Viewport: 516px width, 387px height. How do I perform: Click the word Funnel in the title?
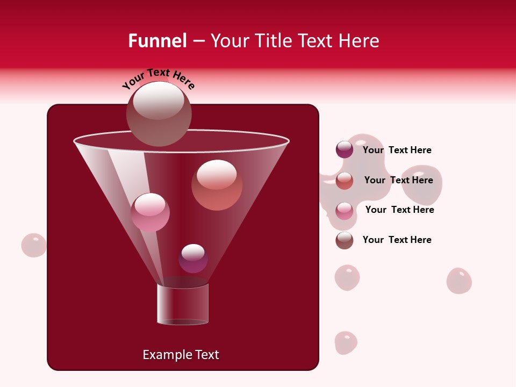(157, 41)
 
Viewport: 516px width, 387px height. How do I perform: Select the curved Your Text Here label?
(159, 79)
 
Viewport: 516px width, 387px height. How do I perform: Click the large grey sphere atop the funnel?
(159, 113)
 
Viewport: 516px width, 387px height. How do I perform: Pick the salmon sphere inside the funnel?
(217, 185)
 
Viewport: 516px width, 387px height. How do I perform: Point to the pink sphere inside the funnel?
(150, 212)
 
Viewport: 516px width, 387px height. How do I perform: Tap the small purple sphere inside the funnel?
(193, 259)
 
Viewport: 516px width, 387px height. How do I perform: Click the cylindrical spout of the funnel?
(183, 304)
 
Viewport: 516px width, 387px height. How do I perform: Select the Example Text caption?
(181, 355)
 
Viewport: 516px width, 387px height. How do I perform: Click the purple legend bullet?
(345, 150)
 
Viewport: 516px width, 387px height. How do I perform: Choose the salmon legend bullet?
(345, 181)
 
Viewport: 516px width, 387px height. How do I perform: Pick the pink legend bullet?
(345, 210)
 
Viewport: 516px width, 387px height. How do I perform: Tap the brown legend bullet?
(345, 240)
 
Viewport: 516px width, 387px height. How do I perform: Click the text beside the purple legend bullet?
(397, 150)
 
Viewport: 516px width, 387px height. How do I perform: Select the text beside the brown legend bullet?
(397, 240)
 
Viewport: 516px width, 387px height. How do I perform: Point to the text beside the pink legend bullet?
(399, 210)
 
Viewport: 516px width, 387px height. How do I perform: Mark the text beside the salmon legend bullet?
(398, 180)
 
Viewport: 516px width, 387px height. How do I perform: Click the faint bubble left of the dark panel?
(34, 245)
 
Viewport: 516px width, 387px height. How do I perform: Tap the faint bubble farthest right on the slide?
(459, 281)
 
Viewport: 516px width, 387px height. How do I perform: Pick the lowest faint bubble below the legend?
(346, 343)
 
